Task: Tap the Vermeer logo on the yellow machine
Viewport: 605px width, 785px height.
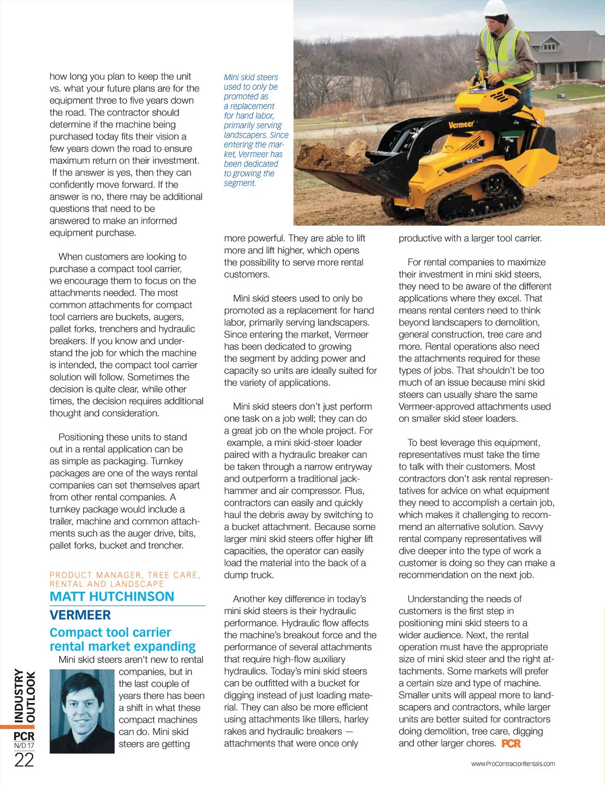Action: (461, 124)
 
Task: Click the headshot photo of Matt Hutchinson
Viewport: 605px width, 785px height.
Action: (82, 710)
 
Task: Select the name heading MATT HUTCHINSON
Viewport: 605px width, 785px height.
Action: (112, 597)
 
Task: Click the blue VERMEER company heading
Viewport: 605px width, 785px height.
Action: (80, 615)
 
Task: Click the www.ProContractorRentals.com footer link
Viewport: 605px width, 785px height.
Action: (513, 764)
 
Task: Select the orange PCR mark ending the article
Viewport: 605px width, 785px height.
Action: (511, 744)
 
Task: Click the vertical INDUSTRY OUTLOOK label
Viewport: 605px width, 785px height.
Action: (24, 695)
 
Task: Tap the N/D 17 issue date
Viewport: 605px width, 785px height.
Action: (24, 746)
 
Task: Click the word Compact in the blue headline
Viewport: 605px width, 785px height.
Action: (74, 632)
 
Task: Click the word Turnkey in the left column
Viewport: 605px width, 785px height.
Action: (167, 461)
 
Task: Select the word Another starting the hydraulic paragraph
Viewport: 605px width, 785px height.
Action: (249, 599)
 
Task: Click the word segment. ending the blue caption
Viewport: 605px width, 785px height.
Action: (240, 183)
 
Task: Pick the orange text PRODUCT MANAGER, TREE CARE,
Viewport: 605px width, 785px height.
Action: (125, 575)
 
